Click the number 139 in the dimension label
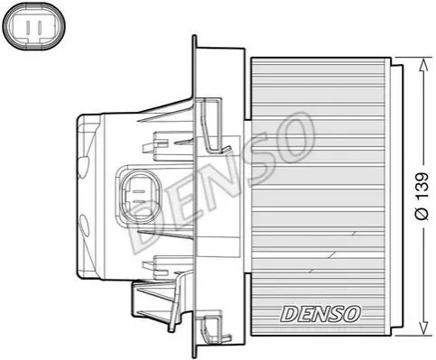pos(422,185)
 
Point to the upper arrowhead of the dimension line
pos(423,66)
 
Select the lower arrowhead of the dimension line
pos(423,327)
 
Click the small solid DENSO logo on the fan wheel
pos(320,314)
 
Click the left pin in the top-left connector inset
pos(27,27)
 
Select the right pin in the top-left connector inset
pos(39,27)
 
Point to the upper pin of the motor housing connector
pos(139,191)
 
